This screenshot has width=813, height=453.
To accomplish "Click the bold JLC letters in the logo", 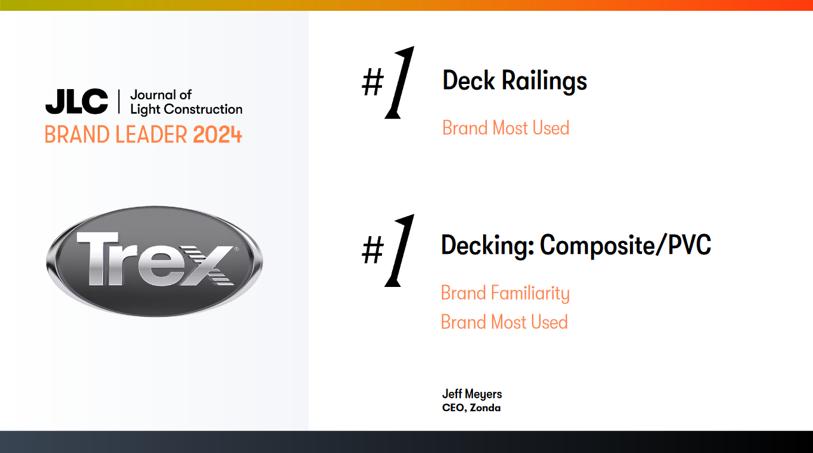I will coord(76,102).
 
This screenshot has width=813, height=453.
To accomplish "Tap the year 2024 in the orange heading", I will coord(217,135).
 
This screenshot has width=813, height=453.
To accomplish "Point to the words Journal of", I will coord(161,95).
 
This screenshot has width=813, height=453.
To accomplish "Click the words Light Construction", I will coord(186,109).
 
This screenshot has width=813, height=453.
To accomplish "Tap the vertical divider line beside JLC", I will coord(119,102).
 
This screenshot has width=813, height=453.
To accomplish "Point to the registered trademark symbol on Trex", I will coord(236,249).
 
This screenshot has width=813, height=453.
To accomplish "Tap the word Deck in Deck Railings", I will coord(468,81).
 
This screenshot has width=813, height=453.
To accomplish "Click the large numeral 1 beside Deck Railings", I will coord(399,83).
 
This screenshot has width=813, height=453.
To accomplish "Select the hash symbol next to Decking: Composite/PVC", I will coord(372,251).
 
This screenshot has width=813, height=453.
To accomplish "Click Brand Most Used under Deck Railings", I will coord(505,128).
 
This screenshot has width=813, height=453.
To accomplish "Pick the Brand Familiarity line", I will coord(505,293).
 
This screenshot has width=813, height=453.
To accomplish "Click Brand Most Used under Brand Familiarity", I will coord(504,322).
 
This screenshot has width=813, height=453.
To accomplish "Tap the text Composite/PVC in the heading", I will coord(625,245).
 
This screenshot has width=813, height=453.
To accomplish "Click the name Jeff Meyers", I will coord(472,394).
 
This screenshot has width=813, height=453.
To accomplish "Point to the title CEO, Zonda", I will coord(471,408).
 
